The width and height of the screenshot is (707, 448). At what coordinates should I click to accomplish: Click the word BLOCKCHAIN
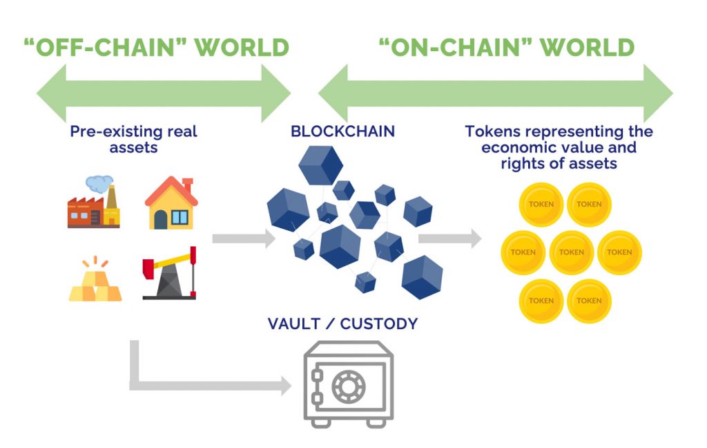[x=342, y=131]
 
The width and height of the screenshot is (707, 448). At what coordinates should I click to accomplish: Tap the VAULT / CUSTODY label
[x=342, y=324]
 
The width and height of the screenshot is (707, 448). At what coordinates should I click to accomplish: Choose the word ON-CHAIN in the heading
[x=456, y=48]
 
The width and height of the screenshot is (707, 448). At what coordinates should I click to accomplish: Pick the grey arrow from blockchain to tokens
[x=449, y=239]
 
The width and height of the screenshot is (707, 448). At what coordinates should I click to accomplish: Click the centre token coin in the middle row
[x=571, y=252]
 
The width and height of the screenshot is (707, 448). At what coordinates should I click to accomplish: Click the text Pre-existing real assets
[x=133, y=139]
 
